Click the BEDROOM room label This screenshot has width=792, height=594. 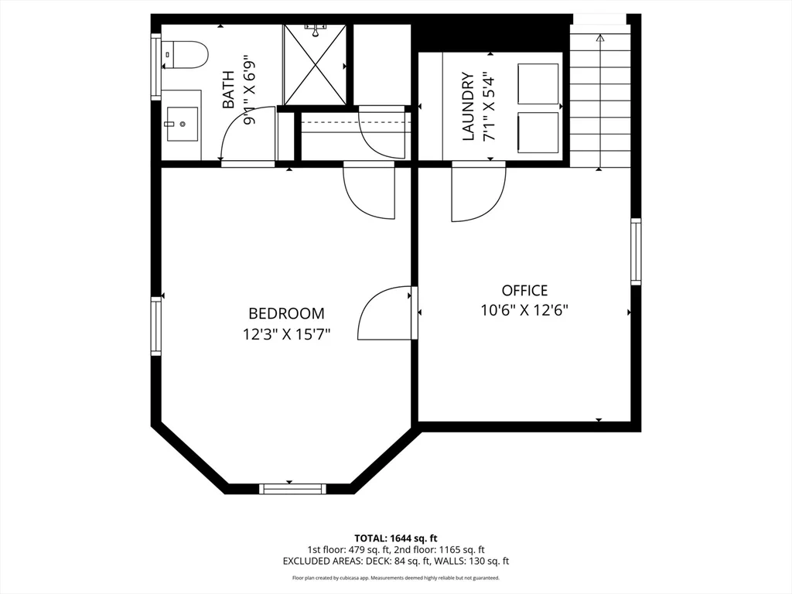point(286,313)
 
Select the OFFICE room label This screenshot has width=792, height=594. point(524,291)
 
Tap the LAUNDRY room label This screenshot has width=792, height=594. point(468,107)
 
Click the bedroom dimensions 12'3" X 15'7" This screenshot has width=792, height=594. point(286,335)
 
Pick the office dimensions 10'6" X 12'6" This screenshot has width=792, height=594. point(524,311)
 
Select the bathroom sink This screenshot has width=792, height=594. point(182,124)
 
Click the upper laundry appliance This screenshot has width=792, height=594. point(538,84)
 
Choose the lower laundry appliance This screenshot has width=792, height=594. point(538,132)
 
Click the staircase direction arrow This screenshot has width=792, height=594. point(600,37)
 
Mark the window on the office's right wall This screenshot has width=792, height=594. point(636,251)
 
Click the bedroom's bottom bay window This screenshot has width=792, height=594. point(292,488)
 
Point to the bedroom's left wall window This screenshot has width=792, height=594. point(156,327)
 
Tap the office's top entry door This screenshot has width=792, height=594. point(478,193)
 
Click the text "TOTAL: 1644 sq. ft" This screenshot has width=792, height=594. point(396,538)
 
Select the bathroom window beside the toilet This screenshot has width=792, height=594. point(156,67)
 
